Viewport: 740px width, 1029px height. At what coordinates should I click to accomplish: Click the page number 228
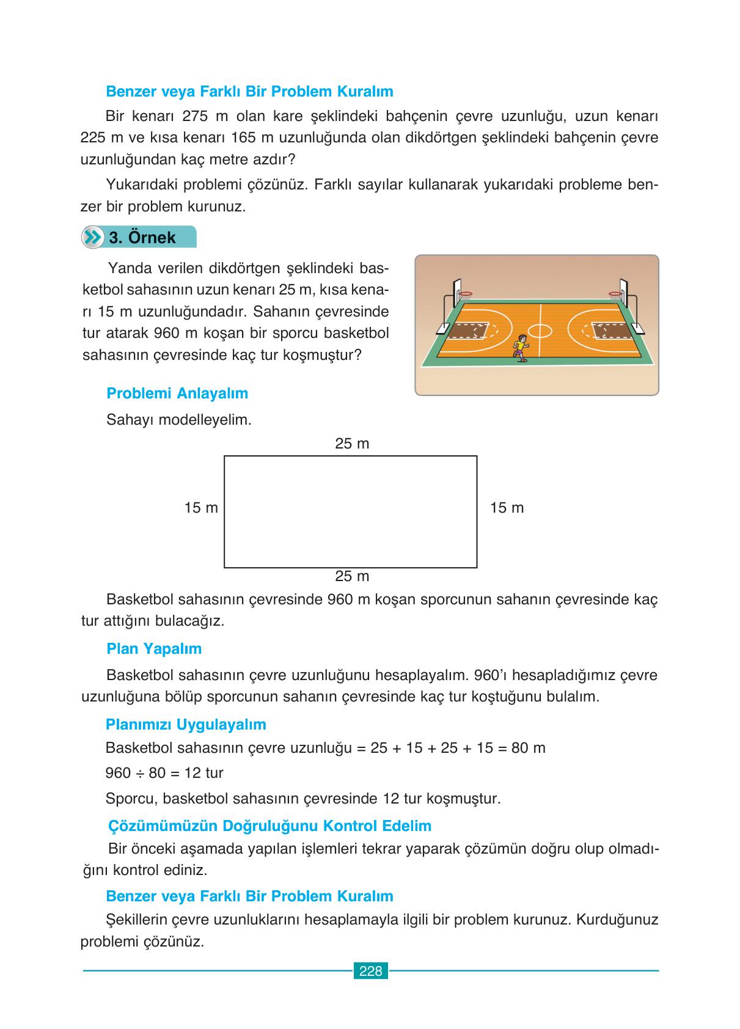(370, 971)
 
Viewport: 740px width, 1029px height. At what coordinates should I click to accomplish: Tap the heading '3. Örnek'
(142, 238)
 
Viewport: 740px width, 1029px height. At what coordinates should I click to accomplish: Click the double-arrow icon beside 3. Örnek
(93, 238)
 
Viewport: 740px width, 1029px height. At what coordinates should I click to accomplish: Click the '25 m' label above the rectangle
(352, 444)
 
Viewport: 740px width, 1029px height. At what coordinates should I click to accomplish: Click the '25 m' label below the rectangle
(352, 576)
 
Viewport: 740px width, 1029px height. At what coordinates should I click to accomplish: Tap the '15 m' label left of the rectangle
(201, 508)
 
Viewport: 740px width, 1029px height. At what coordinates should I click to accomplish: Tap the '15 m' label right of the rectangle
(507, 508)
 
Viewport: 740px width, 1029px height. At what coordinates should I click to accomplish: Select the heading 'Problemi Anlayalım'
(177, 394)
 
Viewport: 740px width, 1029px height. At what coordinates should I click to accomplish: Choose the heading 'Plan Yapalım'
(154, 649)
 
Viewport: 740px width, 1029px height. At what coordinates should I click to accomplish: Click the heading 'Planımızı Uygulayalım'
(186, 725)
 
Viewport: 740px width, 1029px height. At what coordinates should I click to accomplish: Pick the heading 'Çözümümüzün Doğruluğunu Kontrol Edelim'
(269, 826)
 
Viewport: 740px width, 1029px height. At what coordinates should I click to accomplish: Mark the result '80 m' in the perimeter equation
(528, 748)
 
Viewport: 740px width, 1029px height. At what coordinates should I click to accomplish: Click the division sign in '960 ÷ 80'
(139, 774)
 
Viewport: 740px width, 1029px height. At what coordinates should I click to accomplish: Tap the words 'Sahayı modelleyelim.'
(179, 420)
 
